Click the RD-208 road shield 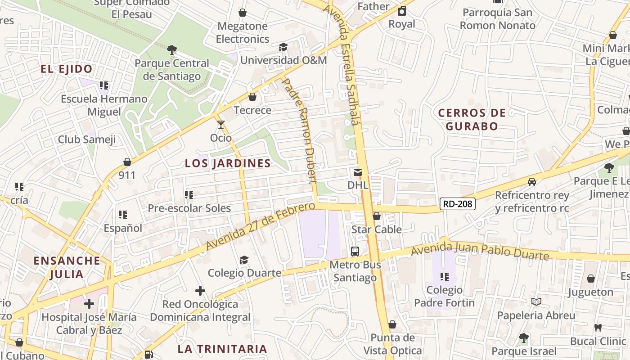coord(457,204)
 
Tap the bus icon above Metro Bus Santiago coord(355,251)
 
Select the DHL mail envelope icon coord(358,172)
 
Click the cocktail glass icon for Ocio coord(220,125)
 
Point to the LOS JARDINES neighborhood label coord(228,163)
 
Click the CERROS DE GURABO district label coord(472,119)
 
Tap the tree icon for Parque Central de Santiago coord(171,49)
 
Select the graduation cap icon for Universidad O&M coord(283,47)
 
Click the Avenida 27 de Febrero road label coord(260,226)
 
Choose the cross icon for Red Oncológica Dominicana coord(200,291)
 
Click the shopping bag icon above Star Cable coord(377,216)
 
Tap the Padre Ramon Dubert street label coord(299,130)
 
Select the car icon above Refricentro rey coord(532,182)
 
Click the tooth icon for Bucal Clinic coord(598,328)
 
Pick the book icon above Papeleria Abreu coord(536,302)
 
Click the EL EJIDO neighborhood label coord(67,69)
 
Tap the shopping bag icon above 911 coord(127,162)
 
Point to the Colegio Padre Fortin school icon coord(445,277)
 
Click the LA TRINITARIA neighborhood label coord(222,349)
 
